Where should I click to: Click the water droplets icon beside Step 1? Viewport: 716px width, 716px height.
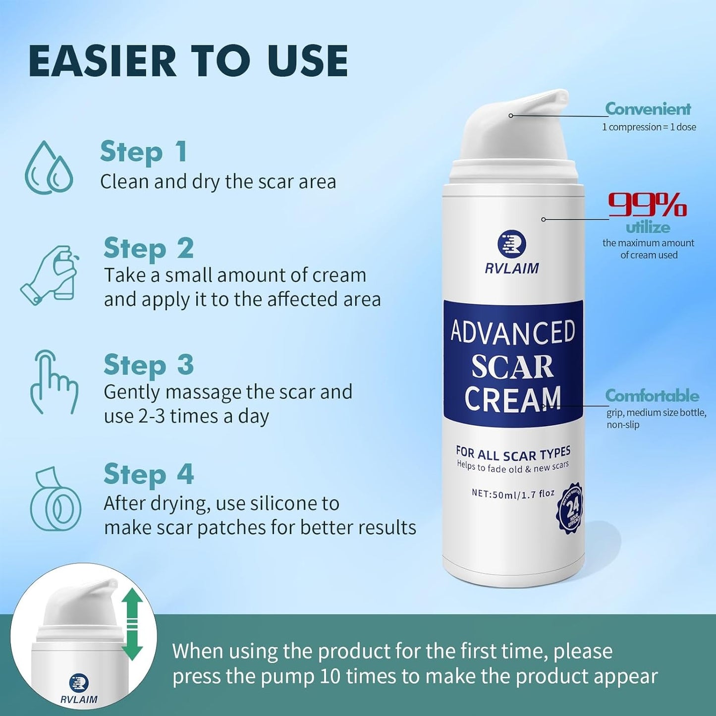49,167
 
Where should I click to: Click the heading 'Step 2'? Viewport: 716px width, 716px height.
148,248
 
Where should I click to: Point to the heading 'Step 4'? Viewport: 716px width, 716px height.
148,474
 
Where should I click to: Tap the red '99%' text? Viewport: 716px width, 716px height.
647,205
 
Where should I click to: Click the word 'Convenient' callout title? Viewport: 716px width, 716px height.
648,109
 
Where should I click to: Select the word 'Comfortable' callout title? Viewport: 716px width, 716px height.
652,396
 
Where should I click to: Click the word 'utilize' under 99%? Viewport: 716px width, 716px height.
648,228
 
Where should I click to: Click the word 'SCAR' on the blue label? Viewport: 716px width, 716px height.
512,367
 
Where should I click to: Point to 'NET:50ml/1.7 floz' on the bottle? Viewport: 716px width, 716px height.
513,494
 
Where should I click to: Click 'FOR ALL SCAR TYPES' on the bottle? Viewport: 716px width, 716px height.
513,453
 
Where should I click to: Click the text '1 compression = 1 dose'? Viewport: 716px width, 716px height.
649,127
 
